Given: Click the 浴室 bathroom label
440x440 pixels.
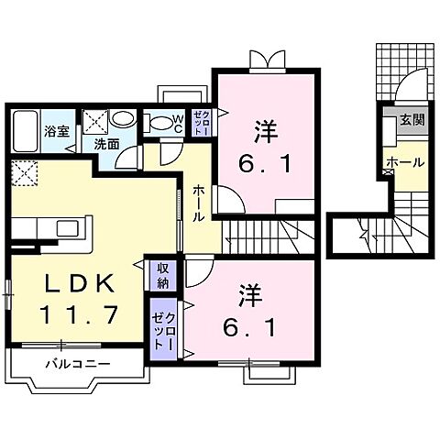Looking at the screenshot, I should [x=57, y=131].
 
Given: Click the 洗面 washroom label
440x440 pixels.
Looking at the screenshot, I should [x=106, y=144].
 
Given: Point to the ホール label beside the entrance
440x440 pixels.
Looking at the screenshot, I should [x=404, y=162].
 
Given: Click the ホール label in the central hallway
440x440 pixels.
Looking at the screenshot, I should [x=199, y=204].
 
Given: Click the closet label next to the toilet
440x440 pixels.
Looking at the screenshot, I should [x=202, y=124].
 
